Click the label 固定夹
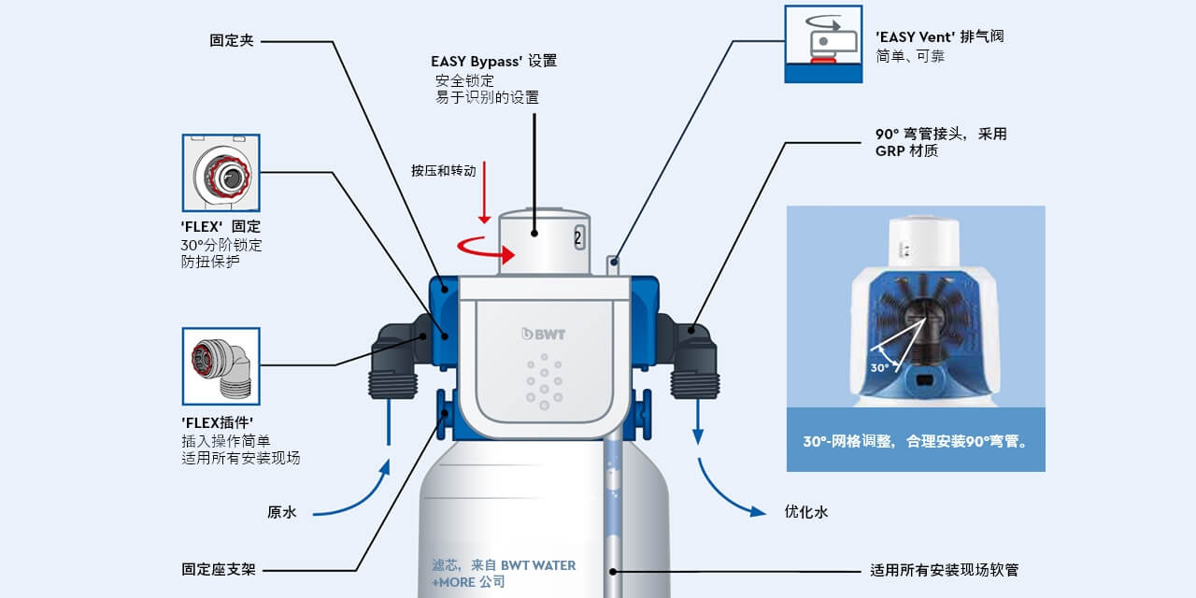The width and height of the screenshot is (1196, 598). pyautogui.click(x=231, y=41)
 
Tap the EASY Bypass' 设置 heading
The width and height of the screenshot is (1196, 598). pyautogui.click(x=493, y=62)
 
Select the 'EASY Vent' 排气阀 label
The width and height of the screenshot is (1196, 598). pyautogui.click(x=939, y=37)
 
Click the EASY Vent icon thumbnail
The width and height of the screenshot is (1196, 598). pyautogui.click(x=823, y=43)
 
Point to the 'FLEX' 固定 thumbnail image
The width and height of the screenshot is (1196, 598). pyautogui.click(x=221, y=173)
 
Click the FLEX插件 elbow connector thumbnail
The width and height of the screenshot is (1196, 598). pyautogui.click(x=221, y=365)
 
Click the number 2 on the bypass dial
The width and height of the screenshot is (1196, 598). pyautogui.click(x=578, y=237)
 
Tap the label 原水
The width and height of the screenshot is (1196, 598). pyautogui.click(x=281, y=512)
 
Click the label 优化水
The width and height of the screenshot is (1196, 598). pyautogui.click(x=805, y=512)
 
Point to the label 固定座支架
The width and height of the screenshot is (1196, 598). pyautogui.click(x=218, y=569)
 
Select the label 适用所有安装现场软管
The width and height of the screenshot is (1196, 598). pyautogui.click(x=950, y=569)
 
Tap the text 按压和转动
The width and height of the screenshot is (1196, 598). pyautogui.click(x=443, y=171)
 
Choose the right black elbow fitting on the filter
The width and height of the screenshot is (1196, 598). pyautogui.click(x=692, y=356)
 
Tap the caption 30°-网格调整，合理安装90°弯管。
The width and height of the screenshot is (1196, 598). pyautogui.click(x=915, y=439)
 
